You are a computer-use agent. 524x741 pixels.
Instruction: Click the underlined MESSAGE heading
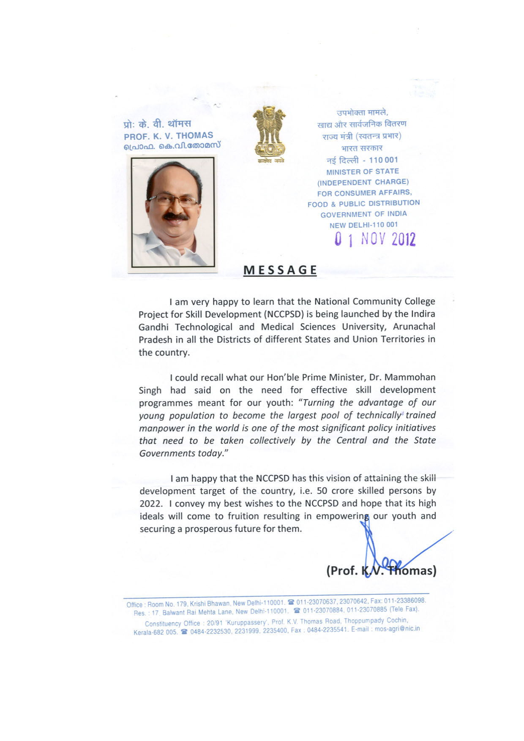tap(280, 270)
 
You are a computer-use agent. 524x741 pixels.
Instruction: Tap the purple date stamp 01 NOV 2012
tap(375, 240)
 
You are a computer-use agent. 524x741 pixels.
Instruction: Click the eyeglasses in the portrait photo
tap(173, 199)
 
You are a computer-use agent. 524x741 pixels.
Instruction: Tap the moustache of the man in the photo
tap(176, 217)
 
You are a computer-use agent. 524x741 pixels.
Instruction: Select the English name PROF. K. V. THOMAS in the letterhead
tap(168, 136)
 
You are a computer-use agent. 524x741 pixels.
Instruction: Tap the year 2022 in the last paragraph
tap(150, 504)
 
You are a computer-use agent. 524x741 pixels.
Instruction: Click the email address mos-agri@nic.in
tap(397, 629)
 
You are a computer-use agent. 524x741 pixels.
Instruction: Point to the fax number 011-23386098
tap(404, 601)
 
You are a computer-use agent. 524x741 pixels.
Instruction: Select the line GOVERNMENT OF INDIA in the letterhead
tap(363, 214)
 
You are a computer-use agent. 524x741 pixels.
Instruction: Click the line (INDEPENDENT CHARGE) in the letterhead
tap(363, 183)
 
